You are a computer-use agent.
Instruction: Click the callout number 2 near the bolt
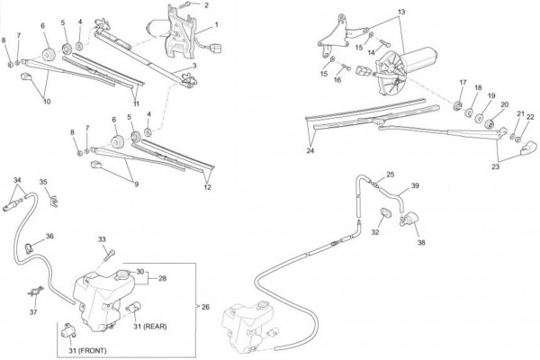(206, 5)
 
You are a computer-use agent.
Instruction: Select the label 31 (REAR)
(150, 326)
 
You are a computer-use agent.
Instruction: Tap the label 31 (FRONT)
(87, 351)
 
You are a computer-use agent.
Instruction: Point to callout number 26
(205, 307)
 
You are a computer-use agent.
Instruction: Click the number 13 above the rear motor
(401, 12)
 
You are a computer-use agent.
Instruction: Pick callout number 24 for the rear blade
(310, 150)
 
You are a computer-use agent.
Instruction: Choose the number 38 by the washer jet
(421, 242)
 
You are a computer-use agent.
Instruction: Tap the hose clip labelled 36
(29, 247)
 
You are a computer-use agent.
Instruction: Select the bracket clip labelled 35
(54, 202)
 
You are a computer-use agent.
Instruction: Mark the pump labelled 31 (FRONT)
(69, 330)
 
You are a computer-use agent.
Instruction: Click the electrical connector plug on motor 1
(216, 48)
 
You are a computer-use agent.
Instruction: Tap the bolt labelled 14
(384, 43)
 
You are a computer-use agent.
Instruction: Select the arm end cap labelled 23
(528, 148)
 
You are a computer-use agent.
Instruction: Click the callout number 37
(33, 312)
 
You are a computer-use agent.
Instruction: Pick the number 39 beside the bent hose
(415, 185)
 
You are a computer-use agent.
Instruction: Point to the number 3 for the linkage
(194, 66)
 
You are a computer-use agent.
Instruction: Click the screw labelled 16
(346, 67)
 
